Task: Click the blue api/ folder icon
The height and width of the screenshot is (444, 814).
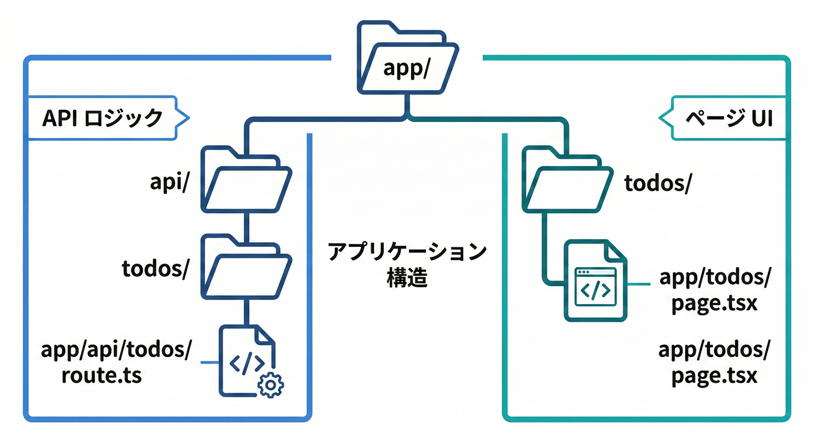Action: [246, 180]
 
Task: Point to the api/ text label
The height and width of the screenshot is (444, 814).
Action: [168, 182]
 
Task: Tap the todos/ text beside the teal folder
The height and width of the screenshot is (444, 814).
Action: [658, 183]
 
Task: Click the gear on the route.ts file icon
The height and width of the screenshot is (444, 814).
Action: [270, 384]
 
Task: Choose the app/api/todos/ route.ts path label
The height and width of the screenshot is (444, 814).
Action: [116, 362]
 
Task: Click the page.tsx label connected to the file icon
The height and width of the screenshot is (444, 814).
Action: [715, 290]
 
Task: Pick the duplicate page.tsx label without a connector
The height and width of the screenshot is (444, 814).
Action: [715, 362]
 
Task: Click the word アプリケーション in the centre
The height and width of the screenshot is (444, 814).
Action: [406, 253]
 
